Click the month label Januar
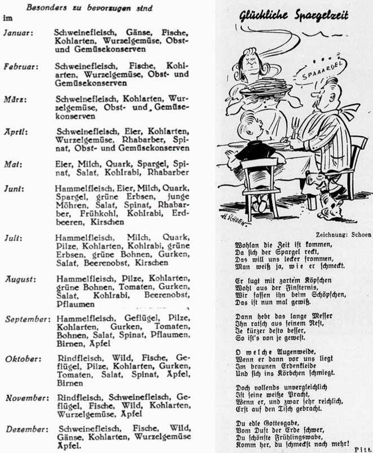pyautogui.click(x=19, y=33)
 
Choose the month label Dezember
pyautogui.click(x=25, y=429)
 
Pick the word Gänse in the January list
pyautogui.click(x=129, y=33)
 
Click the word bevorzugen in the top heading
pyautogui.click(x=97, y=7)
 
